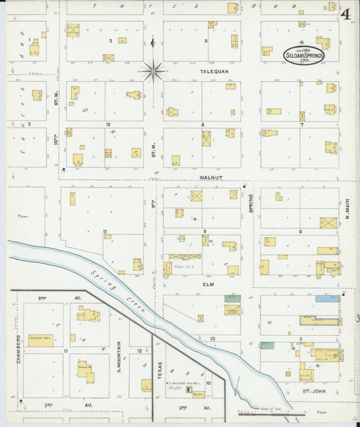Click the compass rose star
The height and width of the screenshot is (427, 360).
click(153, 69)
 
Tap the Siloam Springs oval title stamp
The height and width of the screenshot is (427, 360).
click(304, 55)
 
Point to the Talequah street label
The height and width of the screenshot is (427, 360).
click(211, 70)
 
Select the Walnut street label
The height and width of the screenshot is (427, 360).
click(211, 178)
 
